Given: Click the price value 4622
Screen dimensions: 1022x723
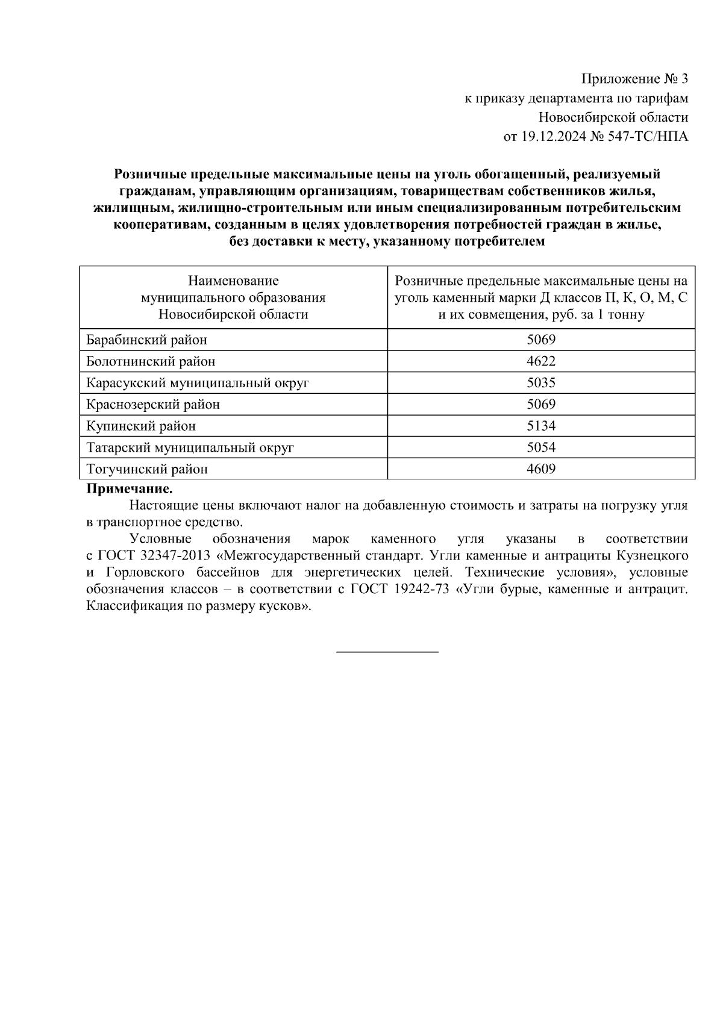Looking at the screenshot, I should click(x=540, y=361).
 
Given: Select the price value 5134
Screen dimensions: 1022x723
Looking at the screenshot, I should click(x=540, y=426).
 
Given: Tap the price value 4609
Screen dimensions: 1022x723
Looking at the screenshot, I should click(x=540, y=469).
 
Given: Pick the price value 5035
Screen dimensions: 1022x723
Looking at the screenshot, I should click(x=540, y=383).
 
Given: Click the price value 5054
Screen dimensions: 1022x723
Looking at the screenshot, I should click(x=540, y=447).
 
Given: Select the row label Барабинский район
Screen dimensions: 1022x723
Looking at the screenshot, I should click(x=146, y=340).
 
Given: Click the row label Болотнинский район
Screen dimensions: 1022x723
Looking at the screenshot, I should click(x=151, y=361).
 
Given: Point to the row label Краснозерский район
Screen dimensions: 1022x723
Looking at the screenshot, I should click(x=153, y=405).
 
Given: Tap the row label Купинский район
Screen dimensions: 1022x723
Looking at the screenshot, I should click(x=141, y=426).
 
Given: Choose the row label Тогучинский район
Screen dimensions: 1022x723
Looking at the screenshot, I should click(x=147, y=469).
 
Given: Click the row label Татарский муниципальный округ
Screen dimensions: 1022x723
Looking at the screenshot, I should click(x=190, y=447).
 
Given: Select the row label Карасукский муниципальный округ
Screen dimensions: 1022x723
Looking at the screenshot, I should click(x=198, y=383).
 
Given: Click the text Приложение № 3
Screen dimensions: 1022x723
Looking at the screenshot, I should click(x=634, y=79).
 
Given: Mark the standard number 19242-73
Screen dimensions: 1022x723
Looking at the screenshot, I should click(x=421, y=590).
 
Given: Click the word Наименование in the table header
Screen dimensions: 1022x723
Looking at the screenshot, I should click(x=233, y=281).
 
